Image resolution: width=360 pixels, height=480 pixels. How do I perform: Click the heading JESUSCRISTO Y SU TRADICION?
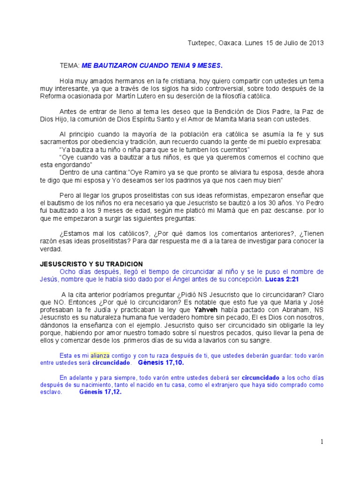pyautogui.click(x=91, y=264)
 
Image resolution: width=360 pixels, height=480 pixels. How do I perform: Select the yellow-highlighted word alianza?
pyautogui.click(x=100, y=355)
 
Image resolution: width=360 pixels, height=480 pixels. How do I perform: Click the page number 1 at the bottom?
pyautogui.click(x=322, y=441)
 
